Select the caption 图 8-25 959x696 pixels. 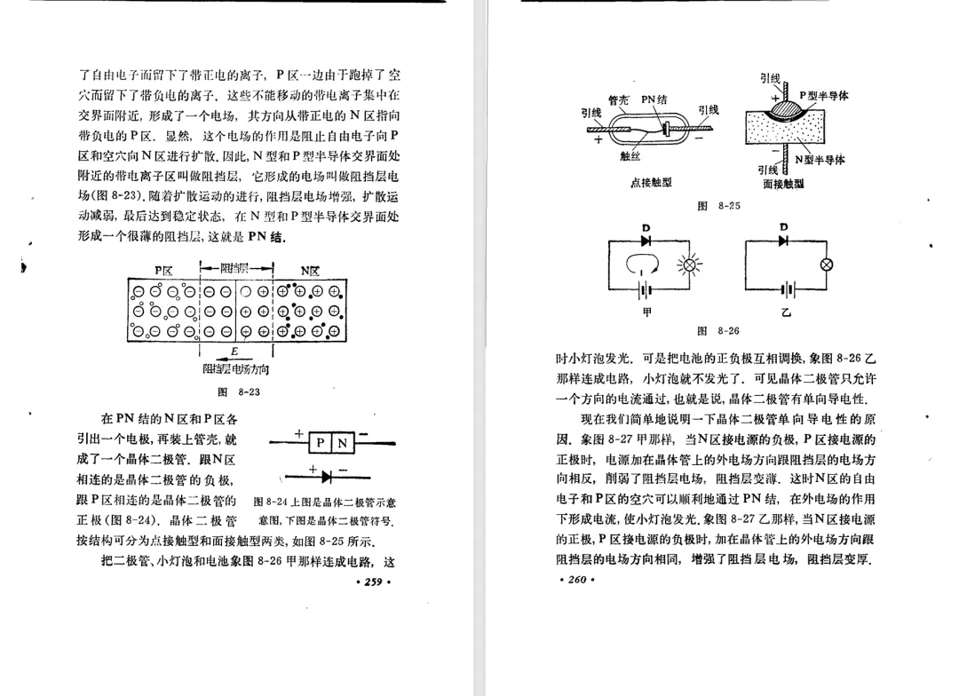(x=719, y=206)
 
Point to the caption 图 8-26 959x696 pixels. (x=719, y=330)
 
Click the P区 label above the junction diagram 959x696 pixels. (x=163, y=270)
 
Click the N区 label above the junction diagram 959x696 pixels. (x=311, y=270)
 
